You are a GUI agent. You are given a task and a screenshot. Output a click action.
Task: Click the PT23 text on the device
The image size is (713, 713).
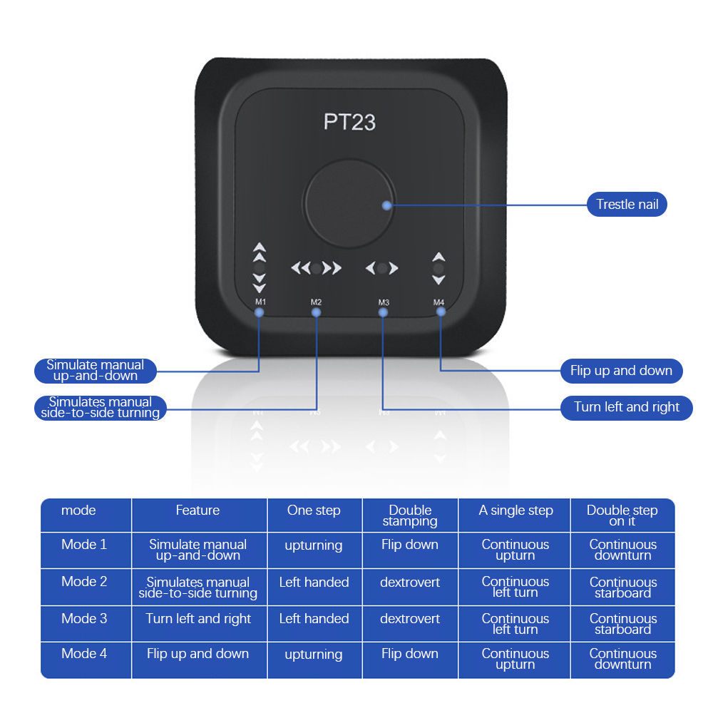pos(349,121)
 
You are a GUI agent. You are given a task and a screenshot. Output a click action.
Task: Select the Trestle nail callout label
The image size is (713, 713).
pos(627,205)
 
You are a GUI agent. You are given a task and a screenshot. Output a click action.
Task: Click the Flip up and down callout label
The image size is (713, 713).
pos(621,371)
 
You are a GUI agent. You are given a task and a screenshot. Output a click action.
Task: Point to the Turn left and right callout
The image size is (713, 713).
pos(627,407)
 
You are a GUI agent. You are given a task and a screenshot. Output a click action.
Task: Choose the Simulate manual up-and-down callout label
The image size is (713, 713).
pos(96,370)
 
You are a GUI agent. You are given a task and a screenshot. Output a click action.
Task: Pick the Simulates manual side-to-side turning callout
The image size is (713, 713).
pos(101,407)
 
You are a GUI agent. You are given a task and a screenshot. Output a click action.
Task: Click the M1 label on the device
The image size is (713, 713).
pos(260,302)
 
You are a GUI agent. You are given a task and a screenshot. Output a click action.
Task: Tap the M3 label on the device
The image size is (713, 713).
pos(384,302)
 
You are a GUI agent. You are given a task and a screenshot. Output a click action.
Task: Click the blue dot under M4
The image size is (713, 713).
pos(441,312)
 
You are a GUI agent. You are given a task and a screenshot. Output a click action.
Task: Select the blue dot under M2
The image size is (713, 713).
pos(316,312)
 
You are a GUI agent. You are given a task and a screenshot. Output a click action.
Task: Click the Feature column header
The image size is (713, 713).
pos(198,511)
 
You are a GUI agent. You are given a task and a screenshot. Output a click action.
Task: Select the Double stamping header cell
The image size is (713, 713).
pos(410,515)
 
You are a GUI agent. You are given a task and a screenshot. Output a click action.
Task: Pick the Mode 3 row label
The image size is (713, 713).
pos(84,619)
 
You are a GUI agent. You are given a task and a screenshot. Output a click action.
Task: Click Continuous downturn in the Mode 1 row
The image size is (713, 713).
pos(622,550)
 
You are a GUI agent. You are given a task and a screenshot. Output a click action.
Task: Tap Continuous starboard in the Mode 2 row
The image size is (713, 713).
pos(622,588)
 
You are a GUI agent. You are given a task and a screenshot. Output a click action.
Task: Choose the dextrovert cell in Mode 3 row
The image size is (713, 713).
pos(410,619)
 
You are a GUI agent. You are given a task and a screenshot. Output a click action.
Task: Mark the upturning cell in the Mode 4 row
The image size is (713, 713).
pos(314,655)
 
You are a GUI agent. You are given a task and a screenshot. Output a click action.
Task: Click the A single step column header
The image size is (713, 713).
pos(515,511)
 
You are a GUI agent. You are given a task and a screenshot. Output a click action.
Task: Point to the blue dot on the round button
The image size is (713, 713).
pos(386,205)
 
